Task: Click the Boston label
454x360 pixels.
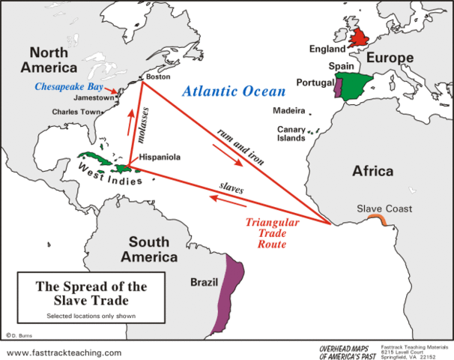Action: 154,76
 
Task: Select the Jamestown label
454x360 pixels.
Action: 94,97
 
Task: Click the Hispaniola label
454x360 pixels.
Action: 162,158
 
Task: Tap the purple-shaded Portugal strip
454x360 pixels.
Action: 338,90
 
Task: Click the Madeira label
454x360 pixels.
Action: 288,110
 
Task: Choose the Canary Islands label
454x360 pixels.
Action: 291,133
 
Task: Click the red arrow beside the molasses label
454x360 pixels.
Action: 132,119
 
